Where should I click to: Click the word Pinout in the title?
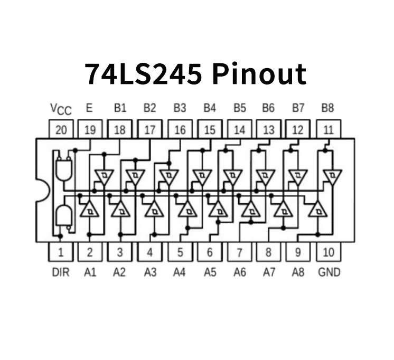click(259, 74)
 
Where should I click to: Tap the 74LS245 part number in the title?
click(143, 74)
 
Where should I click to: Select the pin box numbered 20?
click(61, 129)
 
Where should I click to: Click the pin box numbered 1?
click(61, 252)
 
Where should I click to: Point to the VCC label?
click(61, 109)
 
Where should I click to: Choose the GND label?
click(329, 272)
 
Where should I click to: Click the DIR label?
click(61, 272)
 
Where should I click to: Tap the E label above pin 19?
click(89, 108)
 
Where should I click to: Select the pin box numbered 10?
click(329, 252)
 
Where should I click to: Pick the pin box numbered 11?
click(329, 129)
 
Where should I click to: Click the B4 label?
click(210, 108)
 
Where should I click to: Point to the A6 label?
click(240, 272)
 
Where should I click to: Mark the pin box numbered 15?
click(210, 129)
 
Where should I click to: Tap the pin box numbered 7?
click(240, 252)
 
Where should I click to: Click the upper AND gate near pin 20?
click(64, 169)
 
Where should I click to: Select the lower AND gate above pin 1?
click(64, 216)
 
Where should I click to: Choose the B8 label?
click(328, 108)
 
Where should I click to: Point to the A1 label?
click(90, 272)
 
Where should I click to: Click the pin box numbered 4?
click(150, 252)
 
